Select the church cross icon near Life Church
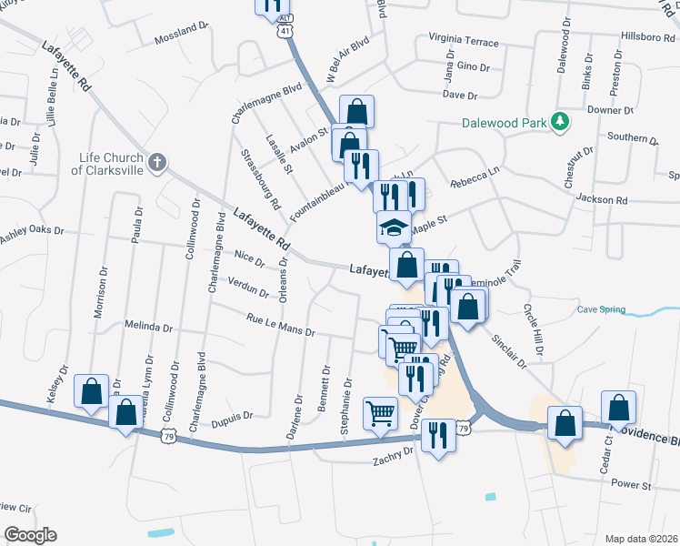[x=157, y=163]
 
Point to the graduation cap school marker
[x=395, y=227]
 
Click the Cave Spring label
[x=602, y=309]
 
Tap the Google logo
[x=29, y=534]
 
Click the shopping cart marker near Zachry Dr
[x=380, y=413]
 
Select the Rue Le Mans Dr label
[x=280, y=325]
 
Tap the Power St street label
[x=631, y=485]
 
